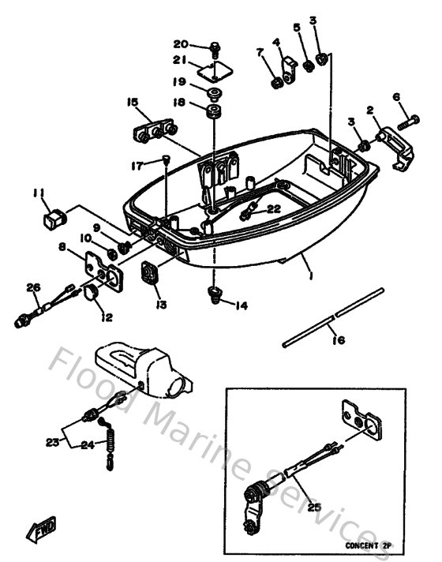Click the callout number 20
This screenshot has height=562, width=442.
181,43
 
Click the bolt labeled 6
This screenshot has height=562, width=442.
409,122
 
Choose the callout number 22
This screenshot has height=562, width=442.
272,209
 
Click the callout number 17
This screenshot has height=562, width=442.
138,165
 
